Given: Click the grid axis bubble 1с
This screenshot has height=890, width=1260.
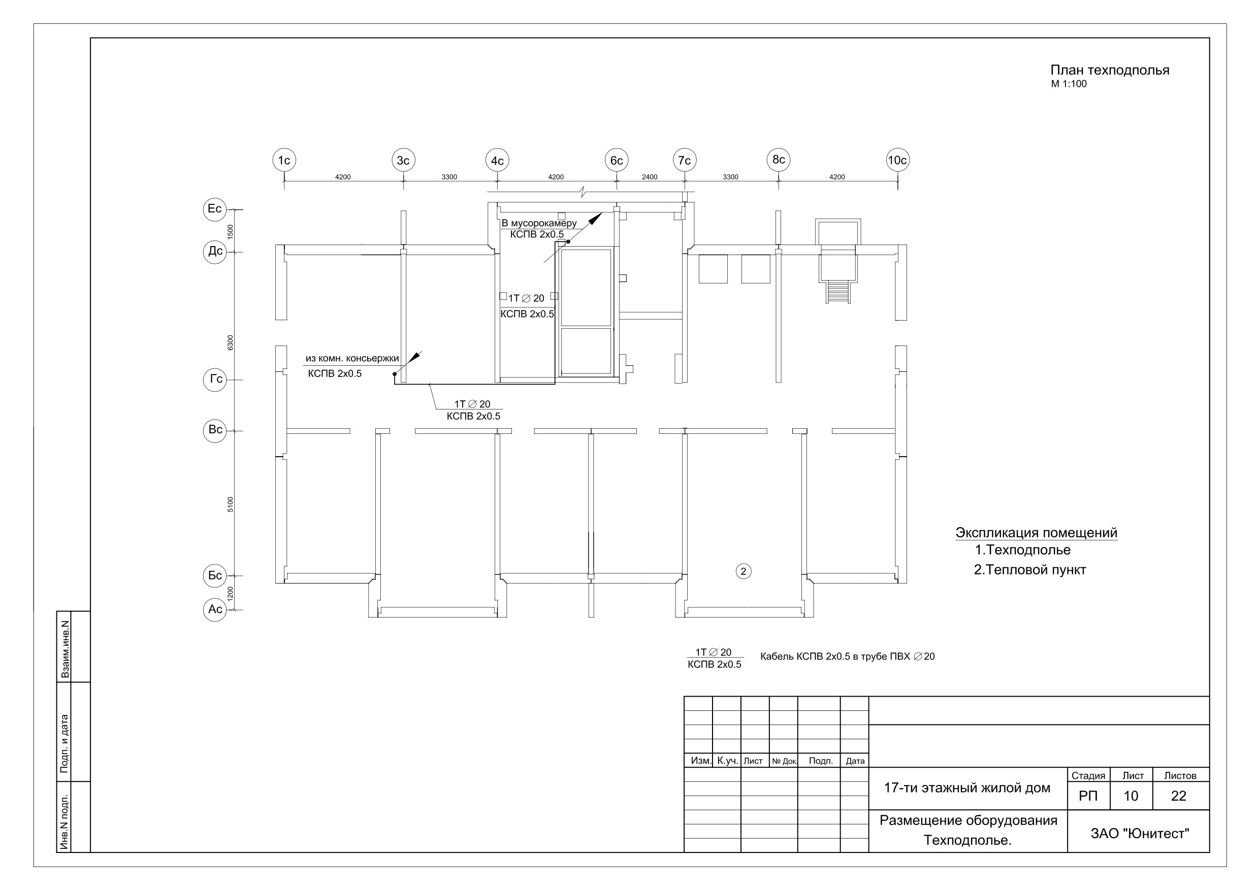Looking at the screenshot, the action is click(284, 160).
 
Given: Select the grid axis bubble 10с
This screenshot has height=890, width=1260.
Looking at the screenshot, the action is click(897, 160).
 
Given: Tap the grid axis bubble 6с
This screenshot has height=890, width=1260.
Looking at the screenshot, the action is click(616, 160).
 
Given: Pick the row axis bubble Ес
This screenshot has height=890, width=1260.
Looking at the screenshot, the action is click(215, 209).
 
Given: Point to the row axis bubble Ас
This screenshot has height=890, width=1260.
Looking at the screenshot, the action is click(215, 609).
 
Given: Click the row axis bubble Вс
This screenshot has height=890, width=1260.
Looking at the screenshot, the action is click(215, 430).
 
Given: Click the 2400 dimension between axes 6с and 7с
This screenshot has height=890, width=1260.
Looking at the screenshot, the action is click(649, 177).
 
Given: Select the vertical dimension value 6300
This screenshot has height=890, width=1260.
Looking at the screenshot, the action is click(231, 343).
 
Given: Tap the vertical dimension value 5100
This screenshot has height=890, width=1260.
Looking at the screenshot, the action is click(231, 504).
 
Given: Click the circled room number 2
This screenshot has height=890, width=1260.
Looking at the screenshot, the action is click(743, 571).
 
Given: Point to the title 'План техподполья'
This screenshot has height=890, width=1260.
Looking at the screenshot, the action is click(1110, 70).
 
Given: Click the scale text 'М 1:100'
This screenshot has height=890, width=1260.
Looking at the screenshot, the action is click(1069, 84).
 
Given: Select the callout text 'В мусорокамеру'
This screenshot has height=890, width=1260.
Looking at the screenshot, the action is click(539, 223).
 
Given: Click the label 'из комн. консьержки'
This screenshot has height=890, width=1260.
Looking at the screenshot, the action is click(352, 359).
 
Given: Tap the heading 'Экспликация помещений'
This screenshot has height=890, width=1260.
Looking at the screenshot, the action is click(1036, 532).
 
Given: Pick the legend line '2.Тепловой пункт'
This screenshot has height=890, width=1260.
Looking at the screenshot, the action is click(1030, 570).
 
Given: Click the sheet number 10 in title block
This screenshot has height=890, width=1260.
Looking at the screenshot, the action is click(1131, 796).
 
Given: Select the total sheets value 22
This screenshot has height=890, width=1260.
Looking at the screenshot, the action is click(1179, 796).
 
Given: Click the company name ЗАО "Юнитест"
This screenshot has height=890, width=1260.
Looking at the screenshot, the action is click(1140, 834).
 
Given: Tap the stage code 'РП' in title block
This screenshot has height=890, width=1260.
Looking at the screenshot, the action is click(1088, 796).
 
